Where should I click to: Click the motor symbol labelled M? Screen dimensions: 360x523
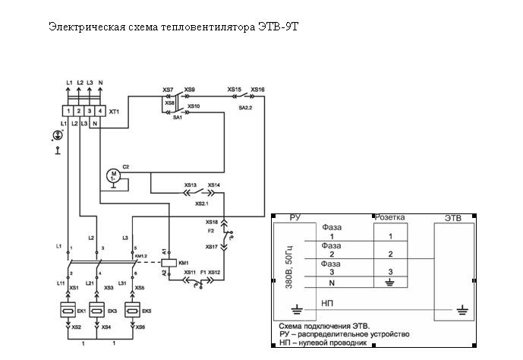(114, 176)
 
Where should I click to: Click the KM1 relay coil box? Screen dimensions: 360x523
(171, 262)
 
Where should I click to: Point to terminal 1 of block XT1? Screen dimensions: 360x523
(68, 111)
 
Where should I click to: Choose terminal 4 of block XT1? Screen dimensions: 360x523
(100, 111)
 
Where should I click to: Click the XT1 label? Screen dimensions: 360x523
(115, 111)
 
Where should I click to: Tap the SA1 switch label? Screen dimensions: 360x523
(178, 118)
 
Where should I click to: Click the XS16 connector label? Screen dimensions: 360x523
(258, 90)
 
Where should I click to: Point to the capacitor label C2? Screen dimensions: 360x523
(126, 165)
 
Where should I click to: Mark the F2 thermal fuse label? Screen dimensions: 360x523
(211, 229)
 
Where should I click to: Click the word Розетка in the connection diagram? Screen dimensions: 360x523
(390, 217)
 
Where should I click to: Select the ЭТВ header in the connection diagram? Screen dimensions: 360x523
(452, 219)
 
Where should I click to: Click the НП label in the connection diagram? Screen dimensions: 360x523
(328, 302)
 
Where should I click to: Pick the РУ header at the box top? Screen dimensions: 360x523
(297, 217)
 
